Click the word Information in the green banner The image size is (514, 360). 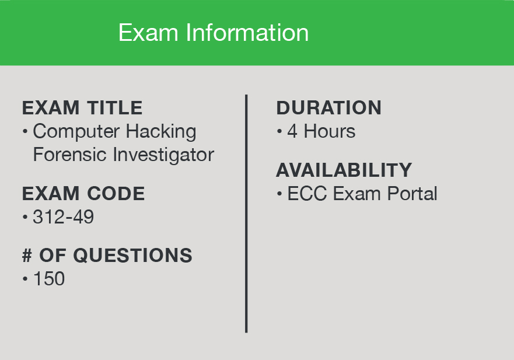pos(247,33)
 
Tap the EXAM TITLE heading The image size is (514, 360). pos(82,108)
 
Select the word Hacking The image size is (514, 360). pos(161,132)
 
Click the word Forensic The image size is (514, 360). pos(70,155)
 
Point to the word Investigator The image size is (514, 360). pos(163,155)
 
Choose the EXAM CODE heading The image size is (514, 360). pos(83,193)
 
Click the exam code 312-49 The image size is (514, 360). pos(63,216)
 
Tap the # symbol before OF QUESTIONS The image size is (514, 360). pos(27,255)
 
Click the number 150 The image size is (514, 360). pos(49,279)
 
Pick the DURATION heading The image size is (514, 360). pos(329,107)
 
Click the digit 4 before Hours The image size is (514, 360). pos(292,131)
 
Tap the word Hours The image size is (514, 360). pos(330,131)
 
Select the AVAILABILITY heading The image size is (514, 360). pos(344,170)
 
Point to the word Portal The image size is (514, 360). pos(412,193)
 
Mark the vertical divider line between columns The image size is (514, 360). pos(246,214)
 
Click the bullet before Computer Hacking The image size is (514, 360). pos(25,131)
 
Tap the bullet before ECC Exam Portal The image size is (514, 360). pos(279,194)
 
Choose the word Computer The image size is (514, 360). pos(76,132)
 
